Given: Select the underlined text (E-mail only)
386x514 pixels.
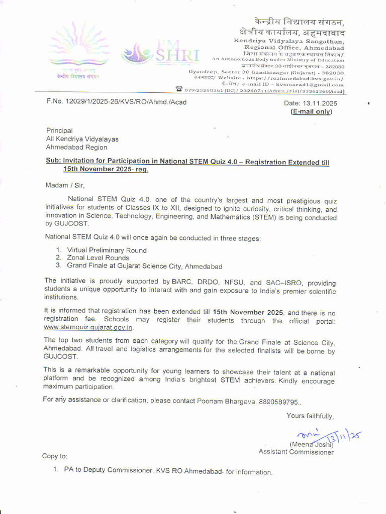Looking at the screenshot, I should click(312, 112).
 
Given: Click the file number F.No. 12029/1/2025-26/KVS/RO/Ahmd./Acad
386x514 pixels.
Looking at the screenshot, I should click(116, 102).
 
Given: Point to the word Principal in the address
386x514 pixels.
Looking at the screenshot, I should click(59, 131).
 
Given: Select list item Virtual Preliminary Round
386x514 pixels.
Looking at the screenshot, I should click(107, 250).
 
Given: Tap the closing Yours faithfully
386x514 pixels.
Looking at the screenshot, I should click(310, 416).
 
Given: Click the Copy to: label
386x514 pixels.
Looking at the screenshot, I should click(54, 456).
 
